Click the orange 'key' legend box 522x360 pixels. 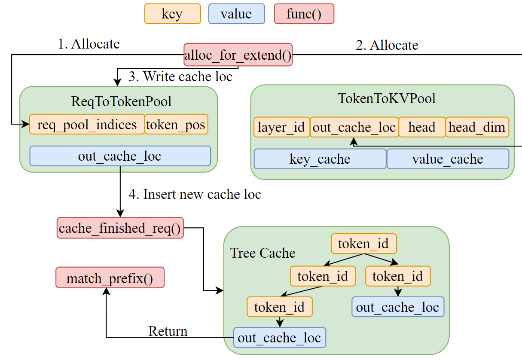click(172, 14)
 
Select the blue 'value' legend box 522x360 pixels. click(236, 14)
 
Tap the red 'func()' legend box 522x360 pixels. click(304, 14)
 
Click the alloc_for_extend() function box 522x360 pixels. click(238, 55)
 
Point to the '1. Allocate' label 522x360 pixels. click(89, 44)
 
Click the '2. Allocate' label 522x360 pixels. click(387, 45)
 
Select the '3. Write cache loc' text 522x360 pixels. click(180, 76)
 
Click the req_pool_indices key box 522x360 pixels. click(87, 125)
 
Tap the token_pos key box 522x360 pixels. click(176, 125)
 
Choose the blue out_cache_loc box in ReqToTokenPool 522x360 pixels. click(120, 156)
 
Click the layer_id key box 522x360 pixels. click(281, 127)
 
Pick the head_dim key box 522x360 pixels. click(477, 127)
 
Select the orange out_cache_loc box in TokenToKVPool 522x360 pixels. click(354, 127)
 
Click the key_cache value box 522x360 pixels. click(320, 159)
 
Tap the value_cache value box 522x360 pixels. click(448, 159)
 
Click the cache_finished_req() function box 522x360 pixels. click(120, 228)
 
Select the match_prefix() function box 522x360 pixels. click(110, 278)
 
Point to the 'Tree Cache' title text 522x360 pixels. click(263, 253)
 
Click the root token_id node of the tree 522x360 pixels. click(363, 244)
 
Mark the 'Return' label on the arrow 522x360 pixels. click(168, 331)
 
